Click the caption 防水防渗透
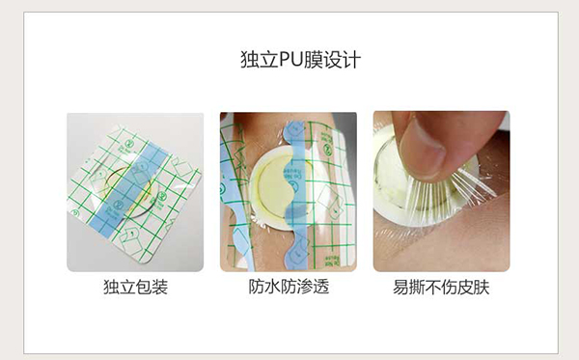click(289, 287)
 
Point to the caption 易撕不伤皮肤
click(441, 287)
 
